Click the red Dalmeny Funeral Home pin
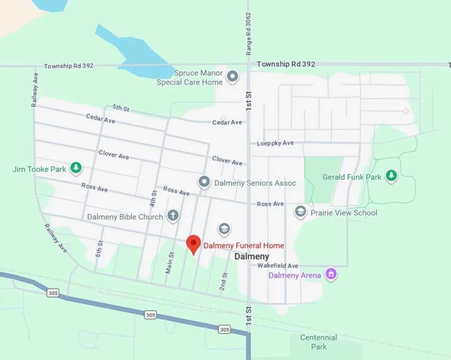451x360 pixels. (193, 244)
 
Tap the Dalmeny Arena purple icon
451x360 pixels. (331, 275)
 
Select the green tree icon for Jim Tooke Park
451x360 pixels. (76, 168)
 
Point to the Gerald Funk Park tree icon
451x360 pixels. (391, 176)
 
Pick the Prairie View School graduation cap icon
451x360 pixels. (300, 212)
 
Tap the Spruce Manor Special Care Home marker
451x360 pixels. (233, 77)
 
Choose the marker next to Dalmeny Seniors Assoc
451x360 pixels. (203, 182)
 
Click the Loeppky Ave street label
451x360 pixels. (275, 143)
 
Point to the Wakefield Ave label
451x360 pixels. (278, 266)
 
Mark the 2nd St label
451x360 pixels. (224, 281)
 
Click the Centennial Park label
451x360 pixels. (318, 342)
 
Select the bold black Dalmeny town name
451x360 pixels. (251, 256)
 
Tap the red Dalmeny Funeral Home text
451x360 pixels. (243, 245)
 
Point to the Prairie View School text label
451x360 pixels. (344, 212)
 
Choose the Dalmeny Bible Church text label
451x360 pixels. (125, 217)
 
